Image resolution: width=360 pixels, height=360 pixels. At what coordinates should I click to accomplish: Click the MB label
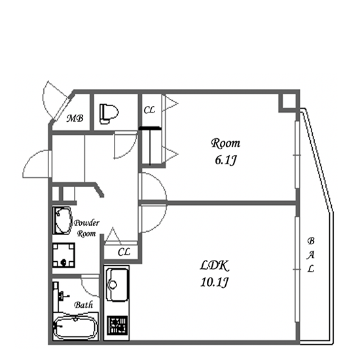(x=75, y=118)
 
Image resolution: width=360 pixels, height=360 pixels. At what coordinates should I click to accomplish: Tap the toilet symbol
(x=109, y=114)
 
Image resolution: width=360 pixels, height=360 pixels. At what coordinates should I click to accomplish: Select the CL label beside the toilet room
(x=149, y=110)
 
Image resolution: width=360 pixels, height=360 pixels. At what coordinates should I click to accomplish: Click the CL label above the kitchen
(x=124, y=252)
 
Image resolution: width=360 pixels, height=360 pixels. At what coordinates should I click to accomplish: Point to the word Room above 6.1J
(x=225, y=143)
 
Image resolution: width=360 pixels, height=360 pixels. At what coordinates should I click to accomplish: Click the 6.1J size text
(x=225, y=160)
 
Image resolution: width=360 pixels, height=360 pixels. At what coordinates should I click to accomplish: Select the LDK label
(x=215, y=266)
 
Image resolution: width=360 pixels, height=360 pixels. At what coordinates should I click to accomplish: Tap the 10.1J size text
(x=215, y=282)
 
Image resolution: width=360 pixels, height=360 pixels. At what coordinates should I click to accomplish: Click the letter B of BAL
(x=311, y=241)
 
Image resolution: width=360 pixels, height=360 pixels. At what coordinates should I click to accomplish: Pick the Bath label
(x=83, y=305)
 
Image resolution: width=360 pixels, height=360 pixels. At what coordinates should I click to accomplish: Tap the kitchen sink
(x=117, y=285)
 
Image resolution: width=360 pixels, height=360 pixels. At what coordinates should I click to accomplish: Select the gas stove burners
(x=118, y=325)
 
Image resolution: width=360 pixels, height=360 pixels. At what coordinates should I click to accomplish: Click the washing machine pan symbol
(x=64, y=255)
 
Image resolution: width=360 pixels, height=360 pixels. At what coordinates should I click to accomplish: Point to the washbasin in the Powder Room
(x=62, y=221)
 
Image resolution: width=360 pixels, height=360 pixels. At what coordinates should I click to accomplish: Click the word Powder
(x=86, y=223)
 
